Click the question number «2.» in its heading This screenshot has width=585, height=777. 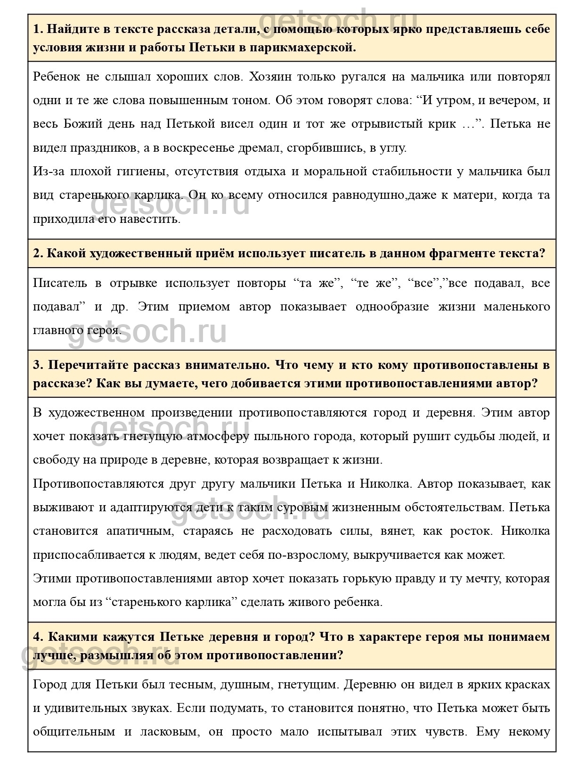click(38, 254)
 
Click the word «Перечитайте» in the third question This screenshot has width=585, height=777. click(88, 365)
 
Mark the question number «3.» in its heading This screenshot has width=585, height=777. click(38, 365)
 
